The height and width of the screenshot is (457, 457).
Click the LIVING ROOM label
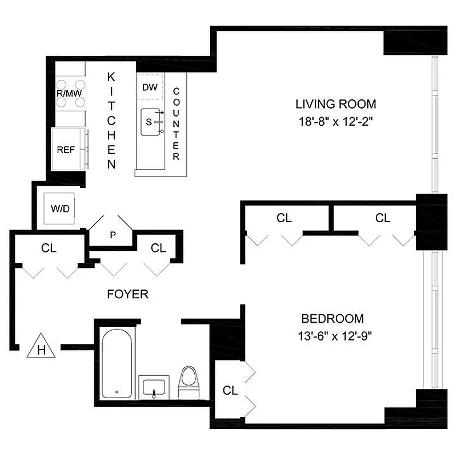point(335,104)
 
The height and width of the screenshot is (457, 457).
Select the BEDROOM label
point(332,319)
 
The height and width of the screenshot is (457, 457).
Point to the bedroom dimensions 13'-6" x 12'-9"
point(332,335)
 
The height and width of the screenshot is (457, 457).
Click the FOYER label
point(128,294)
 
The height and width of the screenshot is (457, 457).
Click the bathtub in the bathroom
point(117,364)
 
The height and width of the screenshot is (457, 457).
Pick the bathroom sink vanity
point(154,388)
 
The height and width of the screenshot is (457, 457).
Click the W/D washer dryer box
point(60,209)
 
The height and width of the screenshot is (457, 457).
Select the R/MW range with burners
point(70,93)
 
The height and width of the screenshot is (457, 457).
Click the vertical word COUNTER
point(176,124)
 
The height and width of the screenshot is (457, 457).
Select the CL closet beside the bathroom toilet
point(230,391)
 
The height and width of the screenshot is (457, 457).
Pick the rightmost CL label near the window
point(383,218)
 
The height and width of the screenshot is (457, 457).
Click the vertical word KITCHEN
point(112,121)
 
